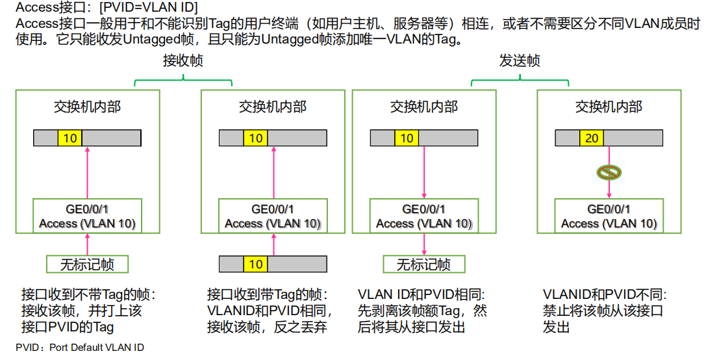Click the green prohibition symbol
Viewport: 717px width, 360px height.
pyautogui.click(x=609, y=172)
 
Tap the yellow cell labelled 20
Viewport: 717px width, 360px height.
pyautogui.click(x=592, y=138)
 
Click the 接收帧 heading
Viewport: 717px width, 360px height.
pyautogui.click(x=182, y=61)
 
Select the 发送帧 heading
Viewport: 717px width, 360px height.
pyautogui.click(x=520, y=61)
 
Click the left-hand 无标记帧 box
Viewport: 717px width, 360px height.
pyautogui.click(x=87, y=264)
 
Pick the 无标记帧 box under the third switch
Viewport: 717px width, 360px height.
pyautogui.click(x=423, y=264)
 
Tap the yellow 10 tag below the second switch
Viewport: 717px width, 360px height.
pyautogui.click(x=256, y=264)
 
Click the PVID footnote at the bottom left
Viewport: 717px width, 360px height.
pyautogui.click(x=80, y=348)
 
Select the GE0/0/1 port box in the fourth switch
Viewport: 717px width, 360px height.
pyautogui.click(x=609, y=216)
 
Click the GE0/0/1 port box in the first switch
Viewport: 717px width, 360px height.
pyautogui.click(x=87, y=216)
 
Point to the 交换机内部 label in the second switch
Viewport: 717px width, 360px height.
pyautogui.click(x=273, y=107)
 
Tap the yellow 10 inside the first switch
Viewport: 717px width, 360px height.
pyautogui.click(x=70, y=138)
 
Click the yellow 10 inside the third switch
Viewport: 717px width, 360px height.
pyautogui.click(x=407, y=138)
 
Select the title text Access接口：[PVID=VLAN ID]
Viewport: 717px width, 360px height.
pyautogui.click(x=107, y=8)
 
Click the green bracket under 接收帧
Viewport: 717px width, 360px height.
pyautogui.click(x=183, y=81)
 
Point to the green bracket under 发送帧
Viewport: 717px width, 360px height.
pyautogui.click(x=520, y=81)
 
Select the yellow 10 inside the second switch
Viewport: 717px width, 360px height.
pyautogui.click(x=256, y=138)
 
